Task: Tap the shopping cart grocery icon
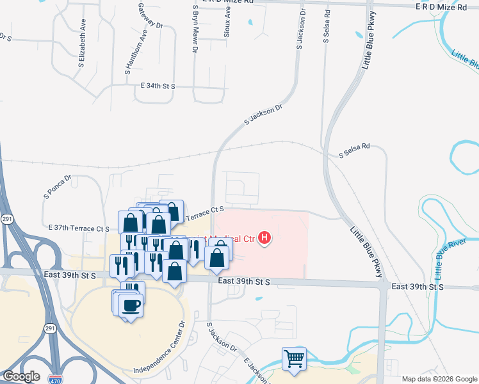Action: (294, 358)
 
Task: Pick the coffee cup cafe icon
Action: (131, 305)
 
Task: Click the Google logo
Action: (21, 376)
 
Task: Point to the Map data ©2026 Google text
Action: (439, 378)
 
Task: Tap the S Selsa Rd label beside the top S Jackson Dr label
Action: (327, 26)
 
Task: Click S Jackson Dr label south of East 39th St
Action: (221, 337)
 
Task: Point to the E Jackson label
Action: (256, 368)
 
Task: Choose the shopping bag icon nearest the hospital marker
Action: (217, 257)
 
